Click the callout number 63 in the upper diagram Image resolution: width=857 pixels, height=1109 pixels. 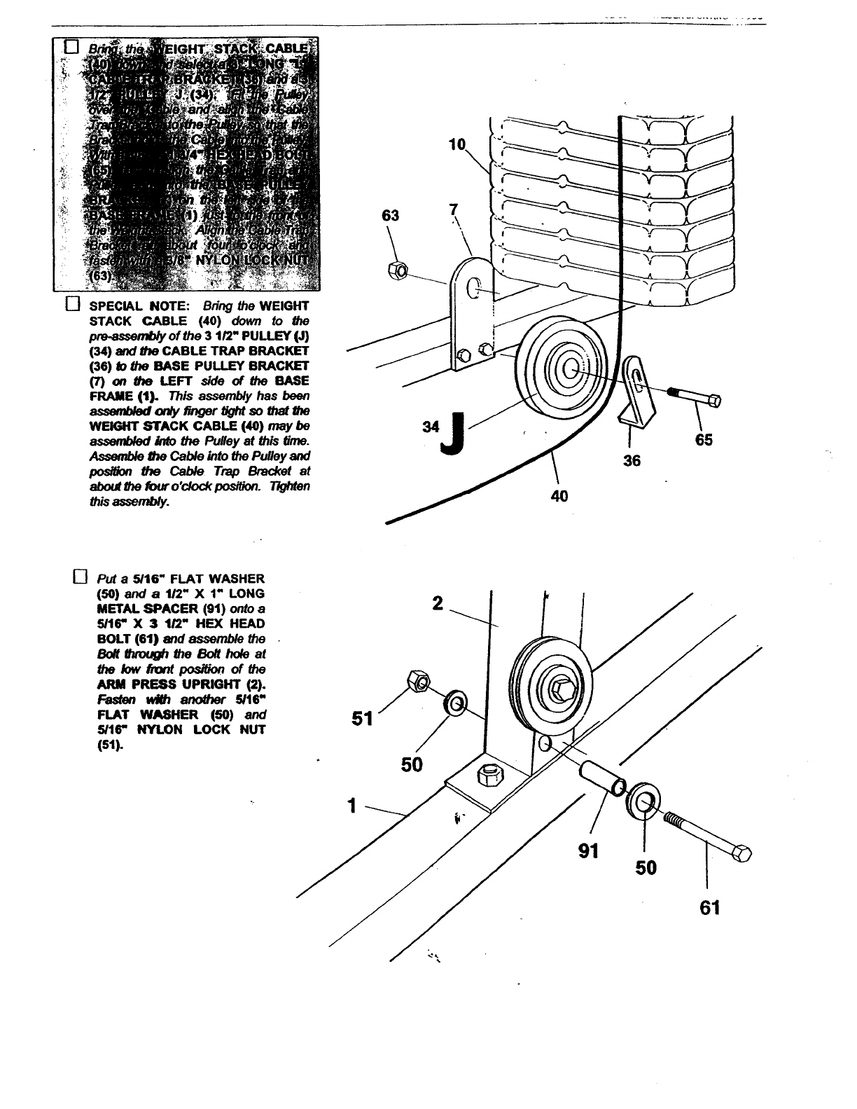(x=390, y=216)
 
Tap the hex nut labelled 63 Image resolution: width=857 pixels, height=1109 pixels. (x=395, y=268)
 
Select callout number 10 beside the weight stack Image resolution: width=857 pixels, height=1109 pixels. (x=457, y=146)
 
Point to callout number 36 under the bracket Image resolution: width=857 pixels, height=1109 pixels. (x=632, y=460)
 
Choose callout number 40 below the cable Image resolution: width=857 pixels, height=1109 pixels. (x=559, y=496)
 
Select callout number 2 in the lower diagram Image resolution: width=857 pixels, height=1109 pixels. (x=438, y=603)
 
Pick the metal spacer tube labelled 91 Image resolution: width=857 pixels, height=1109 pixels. (x=601, y=776)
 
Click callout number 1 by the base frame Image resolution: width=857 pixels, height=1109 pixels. (x=354, y=806)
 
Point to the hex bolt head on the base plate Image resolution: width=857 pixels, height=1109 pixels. (x=487, y=776)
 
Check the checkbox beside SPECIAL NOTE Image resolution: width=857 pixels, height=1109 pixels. (x=71, y=305)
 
